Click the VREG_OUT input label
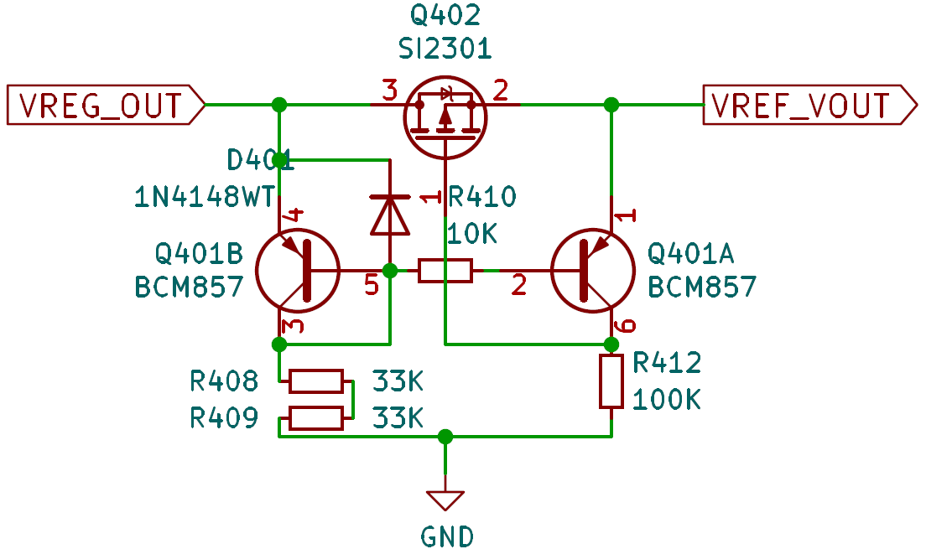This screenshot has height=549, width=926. tap(105, 105)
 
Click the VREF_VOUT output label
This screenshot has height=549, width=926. tap(810, 105)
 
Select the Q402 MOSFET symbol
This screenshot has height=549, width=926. tap(445, 117)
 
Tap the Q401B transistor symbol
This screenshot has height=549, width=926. tap(299, 271)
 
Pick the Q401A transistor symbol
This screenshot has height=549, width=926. tap(592, 271)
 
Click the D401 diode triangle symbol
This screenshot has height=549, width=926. tap(390, 215)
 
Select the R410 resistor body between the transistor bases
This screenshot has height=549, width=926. tap(445, 271)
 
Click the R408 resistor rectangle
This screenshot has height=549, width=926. tap(316, 381)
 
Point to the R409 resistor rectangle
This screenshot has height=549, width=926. tap(316, 418)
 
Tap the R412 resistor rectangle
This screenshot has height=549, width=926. tap(611, 381)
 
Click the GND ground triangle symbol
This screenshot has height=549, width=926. tap(445, 500)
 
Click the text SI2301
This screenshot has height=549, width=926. tap(445, 49)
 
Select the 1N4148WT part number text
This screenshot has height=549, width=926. tap(205, 197)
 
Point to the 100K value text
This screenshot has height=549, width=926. tap(667, 400)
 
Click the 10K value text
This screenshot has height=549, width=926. tap(472, 235)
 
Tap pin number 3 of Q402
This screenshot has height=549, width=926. tap(390, 91)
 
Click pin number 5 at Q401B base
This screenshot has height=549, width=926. tap(372, 285)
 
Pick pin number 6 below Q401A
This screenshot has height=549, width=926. tap(625, 326)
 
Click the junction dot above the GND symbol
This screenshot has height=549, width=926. tap(445, 437)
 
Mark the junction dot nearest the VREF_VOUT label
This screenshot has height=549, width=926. tap(611, 105)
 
